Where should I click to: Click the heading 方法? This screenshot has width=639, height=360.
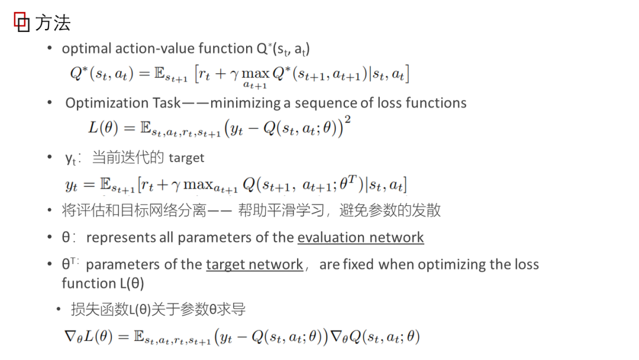click(53, 23)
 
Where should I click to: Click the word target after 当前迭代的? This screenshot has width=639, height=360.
click(186, 158)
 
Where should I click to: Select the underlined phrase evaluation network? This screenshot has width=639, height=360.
click(360, 238)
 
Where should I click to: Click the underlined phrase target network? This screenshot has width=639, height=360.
click(254, 265)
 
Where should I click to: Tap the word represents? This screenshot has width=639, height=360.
click(121, 238)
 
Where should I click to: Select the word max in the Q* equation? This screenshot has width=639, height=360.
click(256, 74)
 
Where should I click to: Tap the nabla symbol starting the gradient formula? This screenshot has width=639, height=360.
click(70, 337)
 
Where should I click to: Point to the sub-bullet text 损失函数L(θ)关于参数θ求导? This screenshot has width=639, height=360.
click(158, 309)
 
